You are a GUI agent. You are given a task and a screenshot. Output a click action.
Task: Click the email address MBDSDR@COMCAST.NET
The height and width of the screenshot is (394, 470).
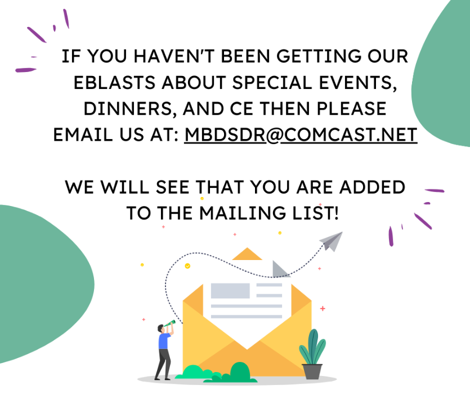coord(301,135)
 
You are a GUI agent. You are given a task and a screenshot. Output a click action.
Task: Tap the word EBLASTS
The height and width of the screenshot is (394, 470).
coord(114,82)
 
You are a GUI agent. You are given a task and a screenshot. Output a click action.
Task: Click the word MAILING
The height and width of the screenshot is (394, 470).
coord(243,213)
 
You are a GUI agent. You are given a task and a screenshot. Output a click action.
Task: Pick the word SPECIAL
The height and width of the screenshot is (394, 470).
coord(272,82)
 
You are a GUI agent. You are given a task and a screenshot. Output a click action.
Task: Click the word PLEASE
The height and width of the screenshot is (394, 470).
coord(352,109)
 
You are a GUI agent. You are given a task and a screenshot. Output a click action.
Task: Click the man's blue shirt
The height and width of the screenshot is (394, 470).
coord(164,341)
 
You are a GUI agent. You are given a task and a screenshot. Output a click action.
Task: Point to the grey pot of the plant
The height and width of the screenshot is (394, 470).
coord(312,371)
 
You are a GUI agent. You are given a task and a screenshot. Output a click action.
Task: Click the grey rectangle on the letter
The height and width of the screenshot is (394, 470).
coord(230,290)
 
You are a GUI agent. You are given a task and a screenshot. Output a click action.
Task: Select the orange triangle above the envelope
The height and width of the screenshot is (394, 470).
coord(247,254)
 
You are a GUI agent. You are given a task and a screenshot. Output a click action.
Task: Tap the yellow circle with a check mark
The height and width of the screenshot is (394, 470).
coord(187,266)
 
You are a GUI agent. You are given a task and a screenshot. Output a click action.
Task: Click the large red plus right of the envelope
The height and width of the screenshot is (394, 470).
coord(323,308)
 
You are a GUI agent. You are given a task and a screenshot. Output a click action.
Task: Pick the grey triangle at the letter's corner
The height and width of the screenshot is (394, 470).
coord(279,269)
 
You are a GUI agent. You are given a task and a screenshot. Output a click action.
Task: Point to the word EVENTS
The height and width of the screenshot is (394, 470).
coord(358,83)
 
